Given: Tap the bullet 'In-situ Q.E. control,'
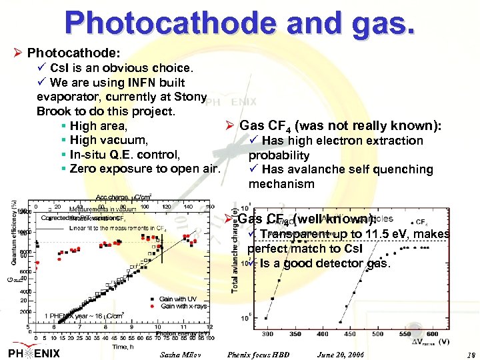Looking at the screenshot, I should pyautogui.click(x=125, y=155).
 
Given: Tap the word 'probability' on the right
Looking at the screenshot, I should pyautogui.click(x=279, y=155).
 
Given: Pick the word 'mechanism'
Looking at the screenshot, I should pyautogui.click(x=281, y=184).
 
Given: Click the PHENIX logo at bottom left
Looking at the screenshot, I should pyautogui.click(x=35, y=352).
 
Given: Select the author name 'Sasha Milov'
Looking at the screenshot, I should pyautogui.click(x=181, y=354).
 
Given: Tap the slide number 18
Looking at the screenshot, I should pyautogui.click(x=471, y=354).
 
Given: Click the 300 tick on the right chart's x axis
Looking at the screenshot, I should pyautogui.click(x=268, y=333).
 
